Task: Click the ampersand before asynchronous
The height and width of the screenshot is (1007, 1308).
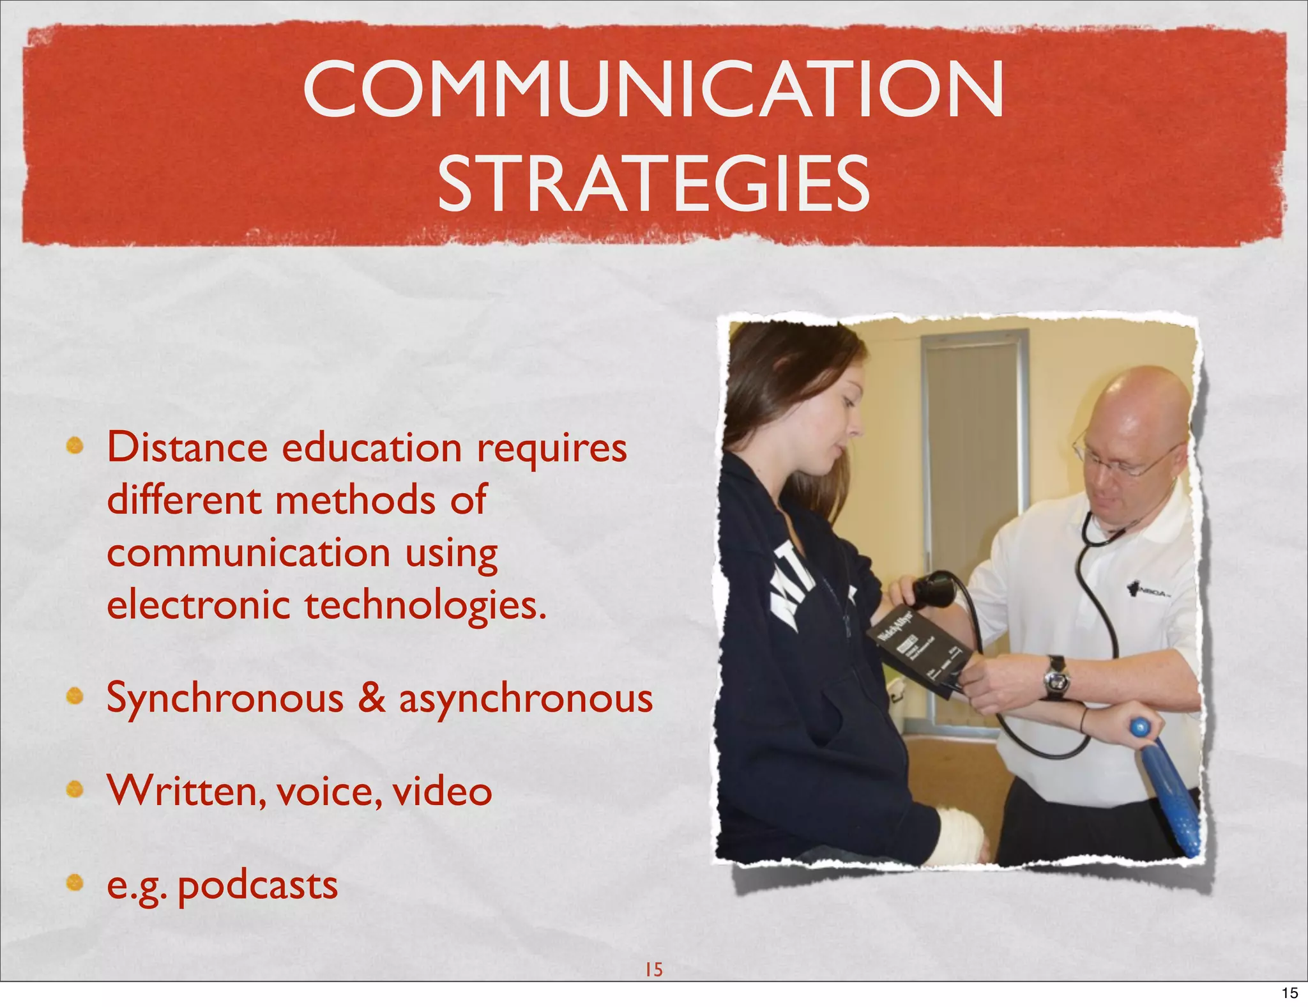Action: [x=371, y=697]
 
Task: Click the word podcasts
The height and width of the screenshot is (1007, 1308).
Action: [x=257, y=886]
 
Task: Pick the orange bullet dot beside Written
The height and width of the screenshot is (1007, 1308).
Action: [x=75, y=790]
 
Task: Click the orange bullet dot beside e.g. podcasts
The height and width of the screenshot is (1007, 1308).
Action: [x=75, y=884]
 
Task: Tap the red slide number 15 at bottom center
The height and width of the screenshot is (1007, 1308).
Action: [x=653, y=969]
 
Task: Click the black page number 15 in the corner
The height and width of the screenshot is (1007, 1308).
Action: [x=1289, y=993]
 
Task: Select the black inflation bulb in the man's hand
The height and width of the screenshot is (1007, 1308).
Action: [x=934, y=592]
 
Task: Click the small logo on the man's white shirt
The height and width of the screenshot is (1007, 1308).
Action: [x=1150, y=588]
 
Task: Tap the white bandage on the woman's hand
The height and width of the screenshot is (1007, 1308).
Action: [x=962, y=836]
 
